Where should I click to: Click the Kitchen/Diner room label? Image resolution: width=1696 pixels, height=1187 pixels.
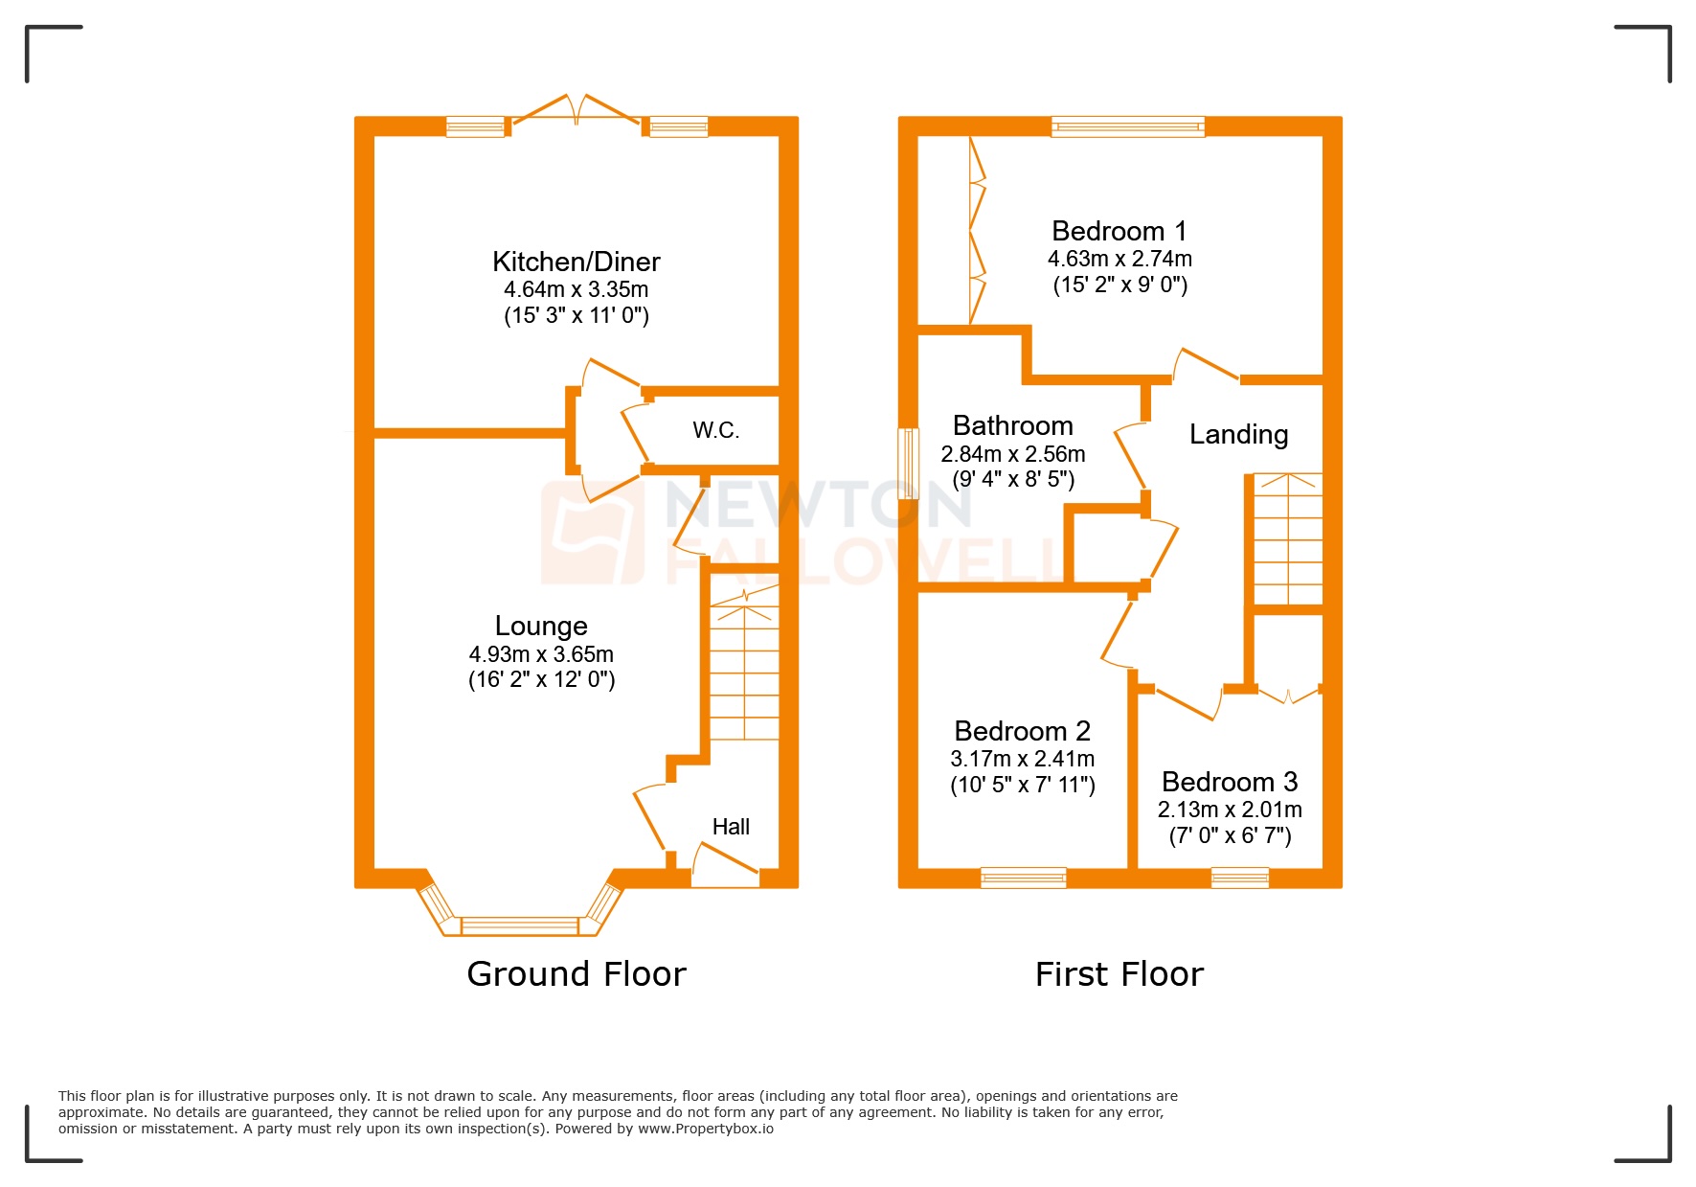click(576, 262)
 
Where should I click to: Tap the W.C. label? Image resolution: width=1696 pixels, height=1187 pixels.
click(715, 430)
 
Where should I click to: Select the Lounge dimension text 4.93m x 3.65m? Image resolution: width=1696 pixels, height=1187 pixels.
click(541, 654)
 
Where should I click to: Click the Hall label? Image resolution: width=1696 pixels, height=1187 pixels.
click(731, 827)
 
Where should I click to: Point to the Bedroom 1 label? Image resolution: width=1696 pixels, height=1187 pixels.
click(1119, 231)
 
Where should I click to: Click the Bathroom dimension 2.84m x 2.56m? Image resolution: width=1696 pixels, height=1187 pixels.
click(1013, 454)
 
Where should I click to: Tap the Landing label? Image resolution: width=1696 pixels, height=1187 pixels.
click(1238, 435)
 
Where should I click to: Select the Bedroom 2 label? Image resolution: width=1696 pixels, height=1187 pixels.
click(1022, 731)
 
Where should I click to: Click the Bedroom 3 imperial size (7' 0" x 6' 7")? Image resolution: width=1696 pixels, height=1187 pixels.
click(1230, 835)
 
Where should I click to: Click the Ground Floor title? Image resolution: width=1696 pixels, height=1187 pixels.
click(576, 974)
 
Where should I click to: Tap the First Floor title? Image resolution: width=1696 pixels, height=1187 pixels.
click(1119, 974)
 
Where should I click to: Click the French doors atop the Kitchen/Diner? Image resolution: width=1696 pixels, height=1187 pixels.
click(577, 111)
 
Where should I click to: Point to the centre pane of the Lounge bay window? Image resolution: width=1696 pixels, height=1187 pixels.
click(520, 925)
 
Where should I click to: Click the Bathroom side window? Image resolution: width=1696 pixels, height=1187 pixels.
click(907, 464)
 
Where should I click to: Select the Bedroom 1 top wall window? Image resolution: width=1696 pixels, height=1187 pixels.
click(1127, 126)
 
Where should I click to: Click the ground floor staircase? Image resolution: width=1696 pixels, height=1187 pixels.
click(744, 671)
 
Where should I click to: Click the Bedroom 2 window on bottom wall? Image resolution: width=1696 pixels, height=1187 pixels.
click(1023, 877)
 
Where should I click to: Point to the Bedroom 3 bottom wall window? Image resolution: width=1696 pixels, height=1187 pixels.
click(1239, 877)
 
